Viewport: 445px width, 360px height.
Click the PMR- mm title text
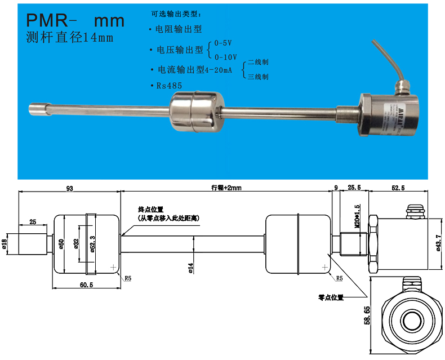[x=75, y=21]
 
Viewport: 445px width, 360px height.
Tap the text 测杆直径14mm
[x=70, y=38]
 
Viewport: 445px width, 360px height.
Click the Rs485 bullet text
[x=170, y=86]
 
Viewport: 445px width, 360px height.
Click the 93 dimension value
[x=69, y=188]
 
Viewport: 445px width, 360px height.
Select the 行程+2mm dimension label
[x=226, y=188]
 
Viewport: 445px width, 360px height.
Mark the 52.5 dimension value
[x=398, y=188]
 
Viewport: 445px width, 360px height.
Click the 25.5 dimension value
[x=354, y=188]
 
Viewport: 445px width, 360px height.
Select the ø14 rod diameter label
[x=191, y=268]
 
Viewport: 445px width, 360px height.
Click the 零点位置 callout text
[x=331, y=296]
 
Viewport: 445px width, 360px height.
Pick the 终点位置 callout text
[x=150, y=209]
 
